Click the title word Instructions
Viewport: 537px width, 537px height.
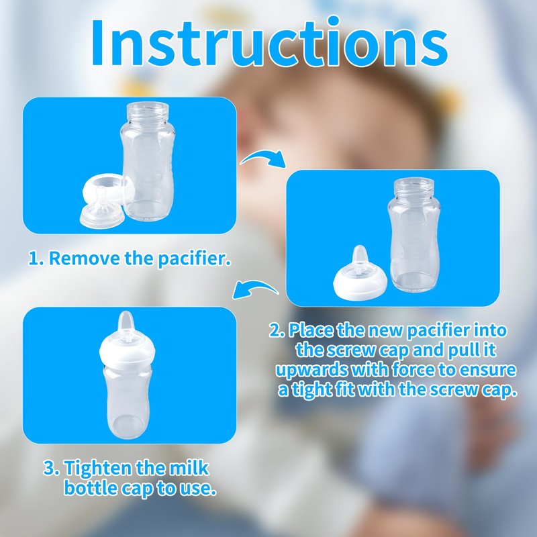(269, 43)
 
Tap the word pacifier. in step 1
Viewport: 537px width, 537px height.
(194, 258)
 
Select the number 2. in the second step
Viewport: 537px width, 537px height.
(277, 331)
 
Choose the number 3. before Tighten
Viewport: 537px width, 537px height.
(52, 468)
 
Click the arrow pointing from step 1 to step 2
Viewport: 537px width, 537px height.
(262, 157)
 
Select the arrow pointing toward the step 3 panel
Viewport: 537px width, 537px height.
(255, 288)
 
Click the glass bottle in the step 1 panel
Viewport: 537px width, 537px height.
(148, 161)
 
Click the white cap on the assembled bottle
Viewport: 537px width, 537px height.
(127, 351)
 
